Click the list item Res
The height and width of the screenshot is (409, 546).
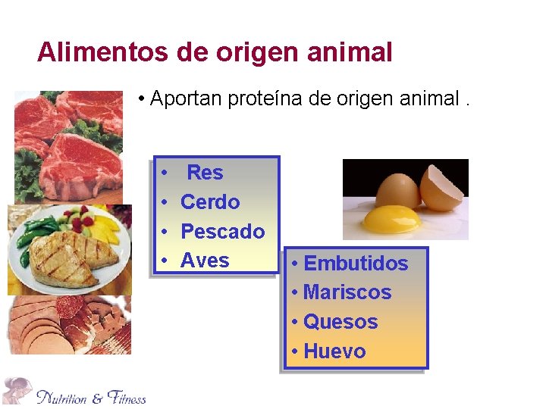point(205,173)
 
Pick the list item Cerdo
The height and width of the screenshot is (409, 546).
point(210,202)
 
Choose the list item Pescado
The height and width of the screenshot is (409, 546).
point(223,231)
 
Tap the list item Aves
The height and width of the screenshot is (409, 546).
point(205,261)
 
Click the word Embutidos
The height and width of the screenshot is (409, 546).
point(356,264)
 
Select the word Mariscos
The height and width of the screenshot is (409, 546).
point(347,292)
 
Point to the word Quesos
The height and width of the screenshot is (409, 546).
point(340,322)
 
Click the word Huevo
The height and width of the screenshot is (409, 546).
point(334,351)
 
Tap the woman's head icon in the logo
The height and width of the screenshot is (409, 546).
point(17,390)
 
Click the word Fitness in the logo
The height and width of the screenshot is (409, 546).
point(127,397)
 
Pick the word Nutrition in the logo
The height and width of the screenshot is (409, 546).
point(62,397)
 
